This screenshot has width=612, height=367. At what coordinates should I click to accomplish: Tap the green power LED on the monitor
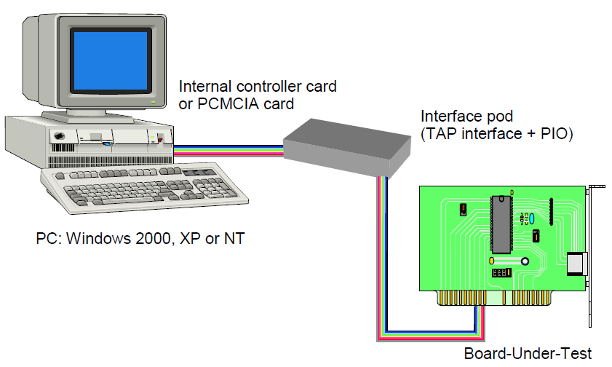click(154, 103)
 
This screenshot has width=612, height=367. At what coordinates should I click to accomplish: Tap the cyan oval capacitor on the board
click(533, 218)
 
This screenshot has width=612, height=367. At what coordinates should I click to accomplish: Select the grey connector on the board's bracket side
click(576, 264)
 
